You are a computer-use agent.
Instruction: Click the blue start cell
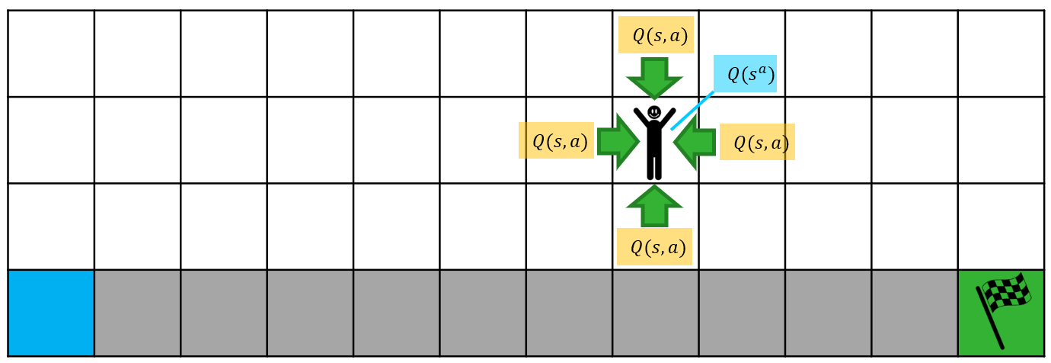[x=51, y=313]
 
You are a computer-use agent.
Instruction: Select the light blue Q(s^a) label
[x=745, y=74]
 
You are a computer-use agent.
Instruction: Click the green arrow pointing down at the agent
[x=654, y=77]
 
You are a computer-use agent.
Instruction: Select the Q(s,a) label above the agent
[x=656, y=35]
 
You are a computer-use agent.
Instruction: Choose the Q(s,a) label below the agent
[x=654, y=247]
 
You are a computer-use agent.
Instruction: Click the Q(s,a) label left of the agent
[x=556, y=141]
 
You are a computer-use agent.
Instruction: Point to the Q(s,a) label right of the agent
[x=757, y=143]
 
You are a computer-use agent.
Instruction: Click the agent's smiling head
[x=654, y=113]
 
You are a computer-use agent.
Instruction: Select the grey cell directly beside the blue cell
[x=137, y=313]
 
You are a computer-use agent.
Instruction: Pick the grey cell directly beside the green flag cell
[x=915, y=313]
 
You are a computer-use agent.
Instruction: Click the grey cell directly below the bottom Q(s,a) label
[x=655, y=313]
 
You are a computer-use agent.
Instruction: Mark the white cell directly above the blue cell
[x=51, y=226]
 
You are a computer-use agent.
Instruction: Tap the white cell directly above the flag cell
[x=1001, y=226]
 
